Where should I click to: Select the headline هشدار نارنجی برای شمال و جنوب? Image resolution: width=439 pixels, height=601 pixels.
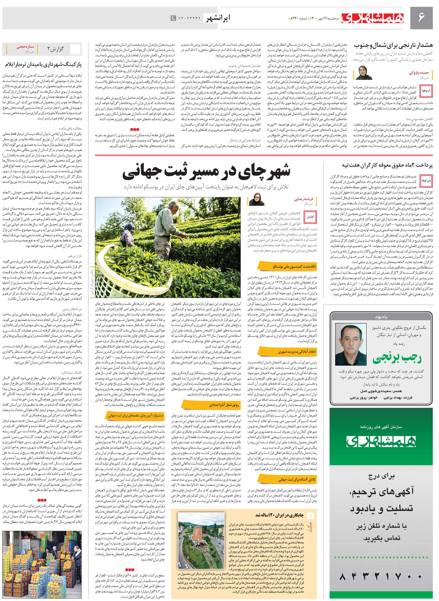pyautogui.click(x=393, y=45)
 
